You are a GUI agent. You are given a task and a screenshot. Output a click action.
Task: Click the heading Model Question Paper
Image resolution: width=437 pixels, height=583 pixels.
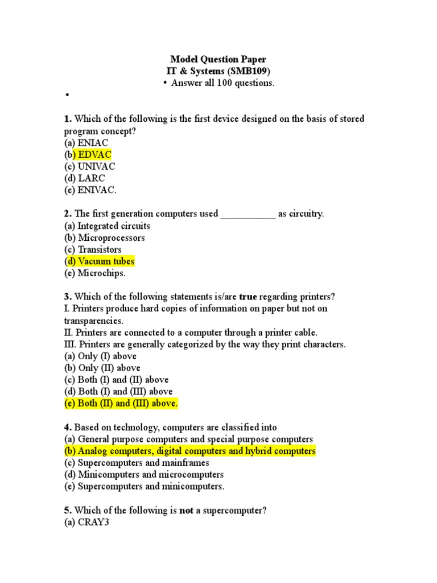click(x=218, y=59)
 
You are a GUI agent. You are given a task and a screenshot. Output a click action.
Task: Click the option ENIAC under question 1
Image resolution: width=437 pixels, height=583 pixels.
click(x=87, y=142)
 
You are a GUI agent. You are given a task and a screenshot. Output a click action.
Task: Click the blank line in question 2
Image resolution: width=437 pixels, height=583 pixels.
click(x=248, y=215)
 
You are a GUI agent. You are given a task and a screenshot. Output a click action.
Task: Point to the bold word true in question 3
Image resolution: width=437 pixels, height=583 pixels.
click(x=248, y=297)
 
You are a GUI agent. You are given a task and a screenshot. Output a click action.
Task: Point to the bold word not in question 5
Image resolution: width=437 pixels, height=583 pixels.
click(x=187, y=511)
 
